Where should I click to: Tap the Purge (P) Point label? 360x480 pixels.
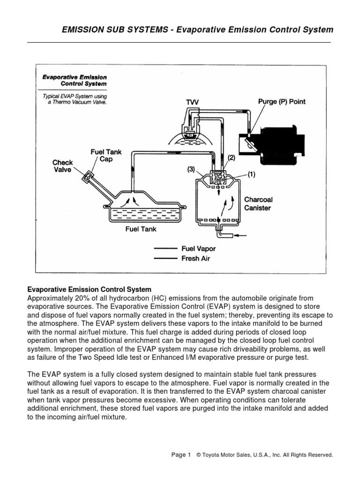coord(282,102)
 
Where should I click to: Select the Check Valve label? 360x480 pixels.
coord(62,166)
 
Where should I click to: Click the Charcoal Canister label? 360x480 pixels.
coord(258,203)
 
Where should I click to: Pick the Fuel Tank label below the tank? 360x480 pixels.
coord(141,229)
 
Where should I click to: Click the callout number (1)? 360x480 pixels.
coord(251,175)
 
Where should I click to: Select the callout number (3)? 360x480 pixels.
coord(191,170)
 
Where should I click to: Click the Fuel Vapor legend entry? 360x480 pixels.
coord(199,249)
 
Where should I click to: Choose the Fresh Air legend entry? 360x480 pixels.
coord(196,258)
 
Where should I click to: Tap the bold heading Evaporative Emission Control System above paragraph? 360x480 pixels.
coord(89,289)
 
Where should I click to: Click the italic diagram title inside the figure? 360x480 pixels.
coord(75,80)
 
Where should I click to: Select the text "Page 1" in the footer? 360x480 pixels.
coord(181,455)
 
